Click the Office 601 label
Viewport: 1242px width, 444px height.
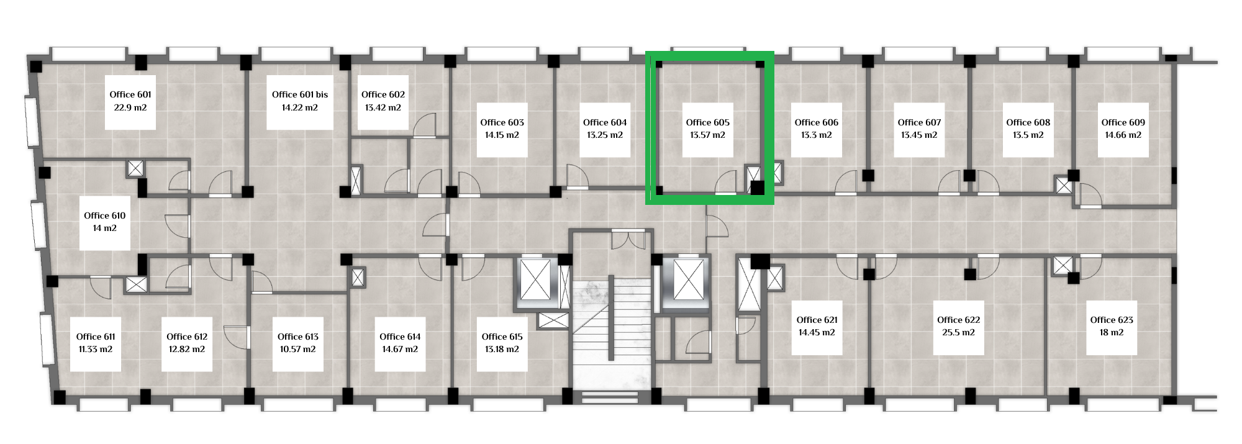(130, 94)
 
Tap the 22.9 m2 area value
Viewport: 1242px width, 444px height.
(130, 107)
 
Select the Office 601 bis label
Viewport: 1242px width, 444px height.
(300, 94)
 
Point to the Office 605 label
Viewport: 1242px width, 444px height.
(707, 122)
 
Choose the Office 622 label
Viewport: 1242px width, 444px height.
(958, 320)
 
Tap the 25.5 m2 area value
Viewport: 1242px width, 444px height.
(958, 332)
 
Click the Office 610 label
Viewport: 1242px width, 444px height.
(105, 215)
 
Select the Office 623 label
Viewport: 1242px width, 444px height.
(1112, 320)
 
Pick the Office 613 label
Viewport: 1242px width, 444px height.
(298, 337)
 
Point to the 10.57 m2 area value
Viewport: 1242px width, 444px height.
(298, 349)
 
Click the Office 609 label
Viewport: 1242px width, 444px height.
(1123, 122)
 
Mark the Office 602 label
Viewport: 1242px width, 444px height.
(383, 94)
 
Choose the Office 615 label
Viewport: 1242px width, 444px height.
(502, 337)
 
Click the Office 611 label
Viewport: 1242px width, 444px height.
(96, 337)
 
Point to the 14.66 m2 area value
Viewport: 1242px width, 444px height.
(1123, 135)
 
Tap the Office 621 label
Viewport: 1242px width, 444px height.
(817, 320)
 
